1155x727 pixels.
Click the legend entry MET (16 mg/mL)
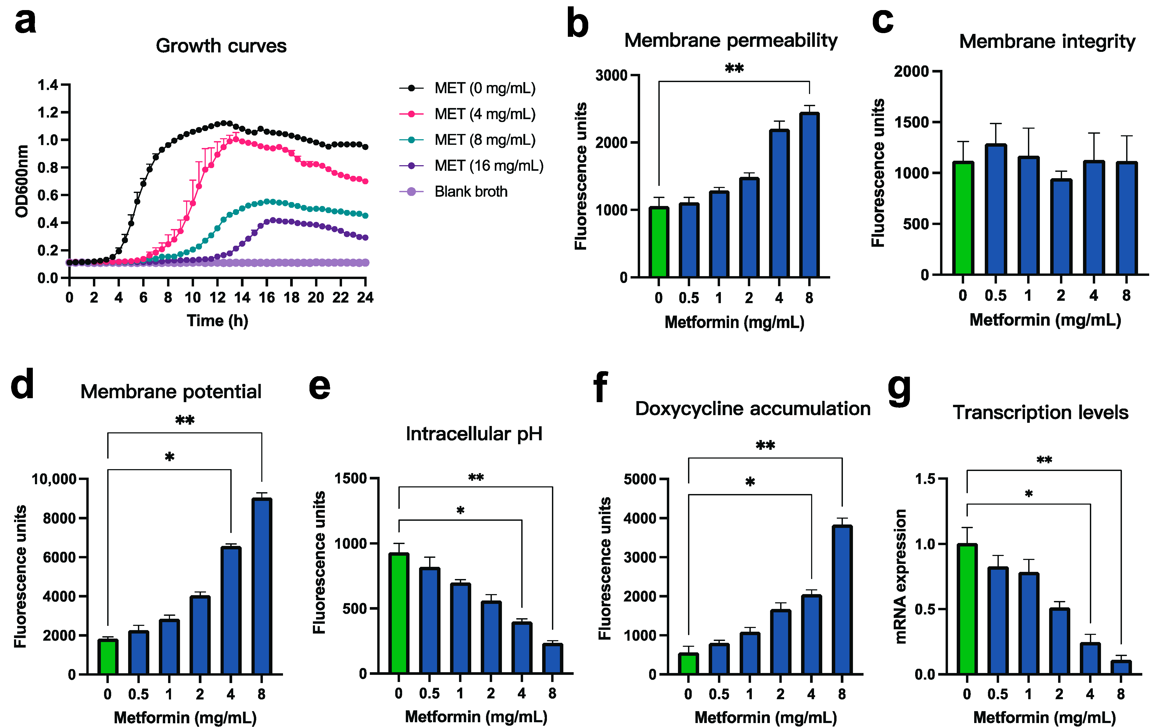click(488, 166)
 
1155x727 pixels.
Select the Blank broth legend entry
click(470, 192)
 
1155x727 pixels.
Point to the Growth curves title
click(221, 46)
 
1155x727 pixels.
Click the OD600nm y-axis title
click(22, 181)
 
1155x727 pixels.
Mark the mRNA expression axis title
click(901, 576)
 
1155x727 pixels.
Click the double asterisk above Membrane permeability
click(734, 69)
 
